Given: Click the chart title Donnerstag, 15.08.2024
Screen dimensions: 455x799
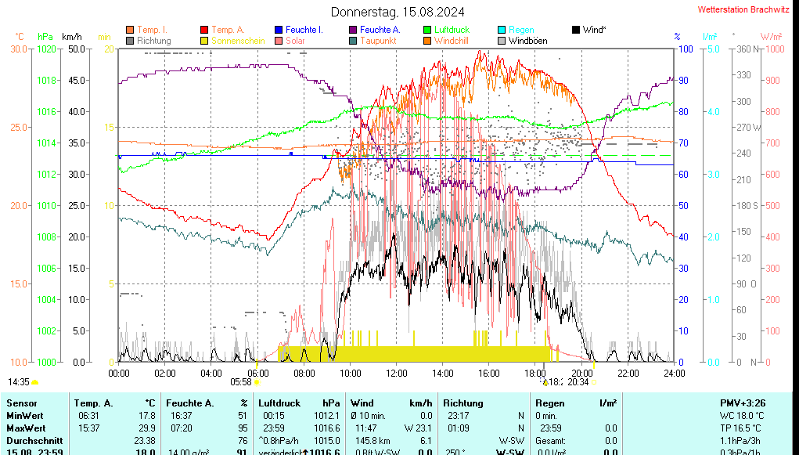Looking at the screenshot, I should click(x=398, y=12).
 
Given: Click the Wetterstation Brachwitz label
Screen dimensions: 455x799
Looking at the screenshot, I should click(x=743, y=10).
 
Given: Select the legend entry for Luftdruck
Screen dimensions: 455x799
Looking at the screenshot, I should click(x=452, y=30).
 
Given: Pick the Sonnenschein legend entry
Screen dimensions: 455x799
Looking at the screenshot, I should click(x=238, y=41).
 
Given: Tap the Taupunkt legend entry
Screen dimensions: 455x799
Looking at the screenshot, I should click(x=378, y=41).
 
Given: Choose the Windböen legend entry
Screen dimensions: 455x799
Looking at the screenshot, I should click(x=527, y=41).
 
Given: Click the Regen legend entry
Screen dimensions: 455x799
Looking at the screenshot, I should click(x=521, y=30).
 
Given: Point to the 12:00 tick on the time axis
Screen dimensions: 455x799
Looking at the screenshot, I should click(x=396, y=373).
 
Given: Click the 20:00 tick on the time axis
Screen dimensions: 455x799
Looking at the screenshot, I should click(x=581, y=373).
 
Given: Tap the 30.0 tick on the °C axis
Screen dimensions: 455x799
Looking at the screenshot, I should click(x=19, y=49).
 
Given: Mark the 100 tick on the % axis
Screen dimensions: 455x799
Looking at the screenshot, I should click(x=684, y=49).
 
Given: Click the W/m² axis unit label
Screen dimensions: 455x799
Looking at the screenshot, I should click(x=771, y=37).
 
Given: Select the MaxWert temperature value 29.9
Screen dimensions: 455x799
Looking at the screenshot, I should click(x=146, y=428).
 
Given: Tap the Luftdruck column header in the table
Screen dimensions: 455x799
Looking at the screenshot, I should click(x=279, y=403).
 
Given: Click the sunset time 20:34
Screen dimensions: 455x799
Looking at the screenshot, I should click(x=578, y=382).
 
